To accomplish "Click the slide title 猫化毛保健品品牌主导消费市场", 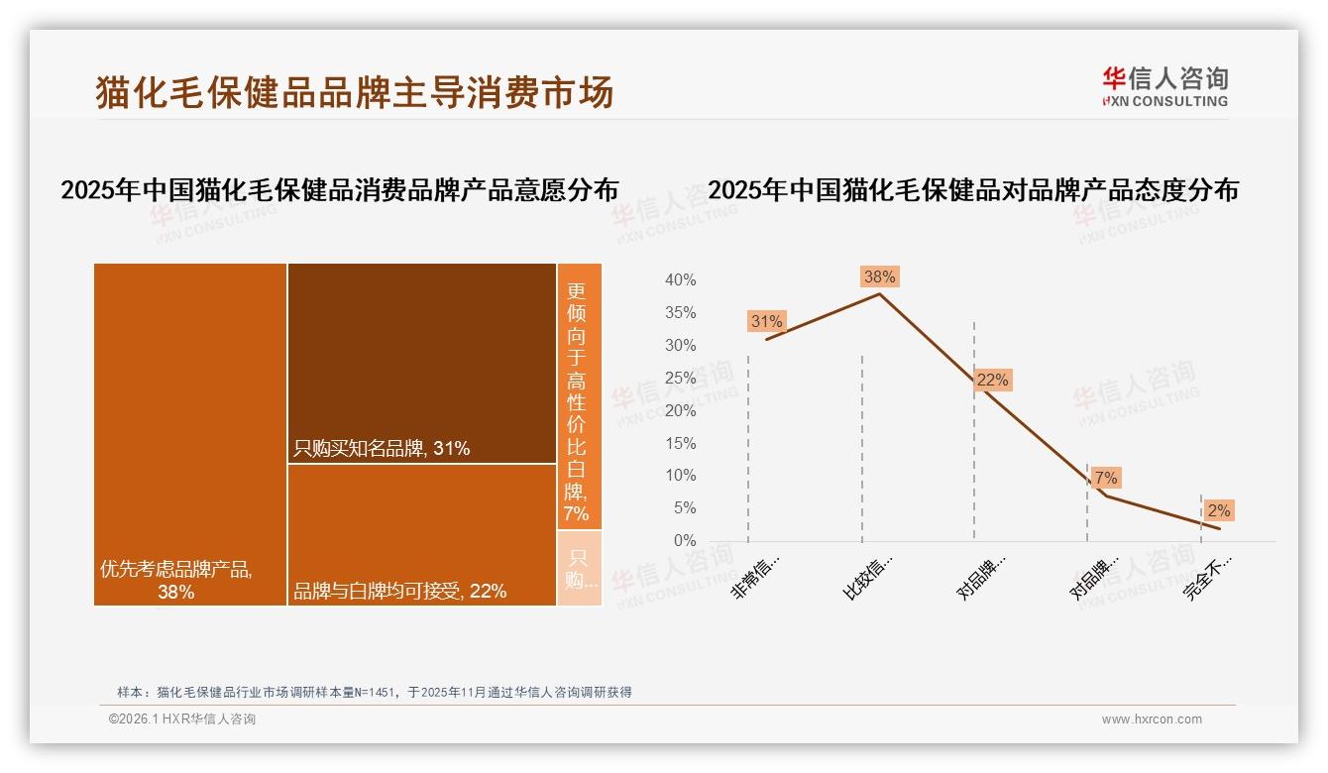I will (355, 92).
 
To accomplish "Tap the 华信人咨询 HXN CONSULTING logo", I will (1164, 87).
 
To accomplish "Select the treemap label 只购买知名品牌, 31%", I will (382, 448).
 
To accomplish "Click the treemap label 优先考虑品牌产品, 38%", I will (176, 580).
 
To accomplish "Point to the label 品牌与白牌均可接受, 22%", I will (399, 591).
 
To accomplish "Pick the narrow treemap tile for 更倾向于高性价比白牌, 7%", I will (578, 396).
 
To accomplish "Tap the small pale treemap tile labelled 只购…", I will (579, 569).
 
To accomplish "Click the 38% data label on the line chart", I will (879, 277).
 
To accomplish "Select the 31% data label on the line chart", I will (766, 321).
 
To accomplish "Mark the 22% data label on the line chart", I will (992, 380).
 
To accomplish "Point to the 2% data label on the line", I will (1218, 510).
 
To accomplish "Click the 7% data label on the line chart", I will (1105, 478).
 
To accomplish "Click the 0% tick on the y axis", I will (684, 541).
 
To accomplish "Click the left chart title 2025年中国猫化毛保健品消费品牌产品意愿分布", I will (339, 190).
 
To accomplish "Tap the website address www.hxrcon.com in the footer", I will (1152, 719).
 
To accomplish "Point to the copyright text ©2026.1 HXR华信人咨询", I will (182, 719).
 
